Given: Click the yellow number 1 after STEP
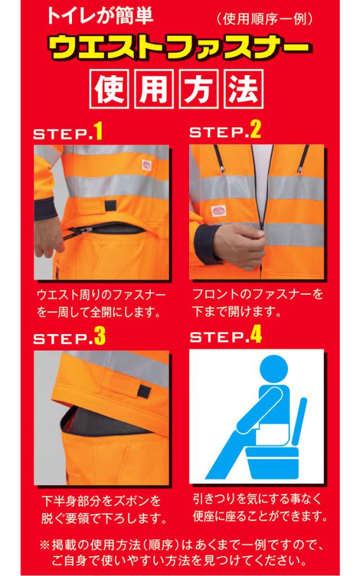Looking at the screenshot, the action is click(x=98, y=132).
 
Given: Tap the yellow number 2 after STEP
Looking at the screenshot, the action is click(x=256, y=130).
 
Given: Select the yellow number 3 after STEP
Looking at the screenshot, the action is click(x=100, y=336).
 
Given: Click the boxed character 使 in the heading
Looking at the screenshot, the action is click(x=109, y=88).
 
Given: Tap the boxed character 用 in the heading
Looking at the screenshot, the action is click(x=154, y=88).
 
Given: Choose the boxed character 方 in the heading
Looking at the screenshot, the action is click(x=199, y=88).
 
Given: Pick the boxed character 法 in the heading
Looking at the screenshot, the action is click(x=244, y=88).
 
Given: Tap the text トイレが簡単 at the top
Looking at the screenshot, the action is click(x=100, y=16).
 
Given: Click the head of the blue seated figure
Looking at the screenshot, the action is click(x=273, y=368).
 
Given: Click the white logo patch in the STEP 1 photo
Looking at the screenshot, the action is click(x=147, y=165).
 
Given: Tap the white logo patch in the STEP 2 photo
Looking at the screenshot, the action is click(x=219, y=211).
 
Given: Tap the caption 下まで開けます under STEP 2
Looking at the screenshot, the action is click(x=237, y=312).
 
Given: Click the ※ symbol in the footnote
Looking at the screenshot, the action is click(x=44, y=544).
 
